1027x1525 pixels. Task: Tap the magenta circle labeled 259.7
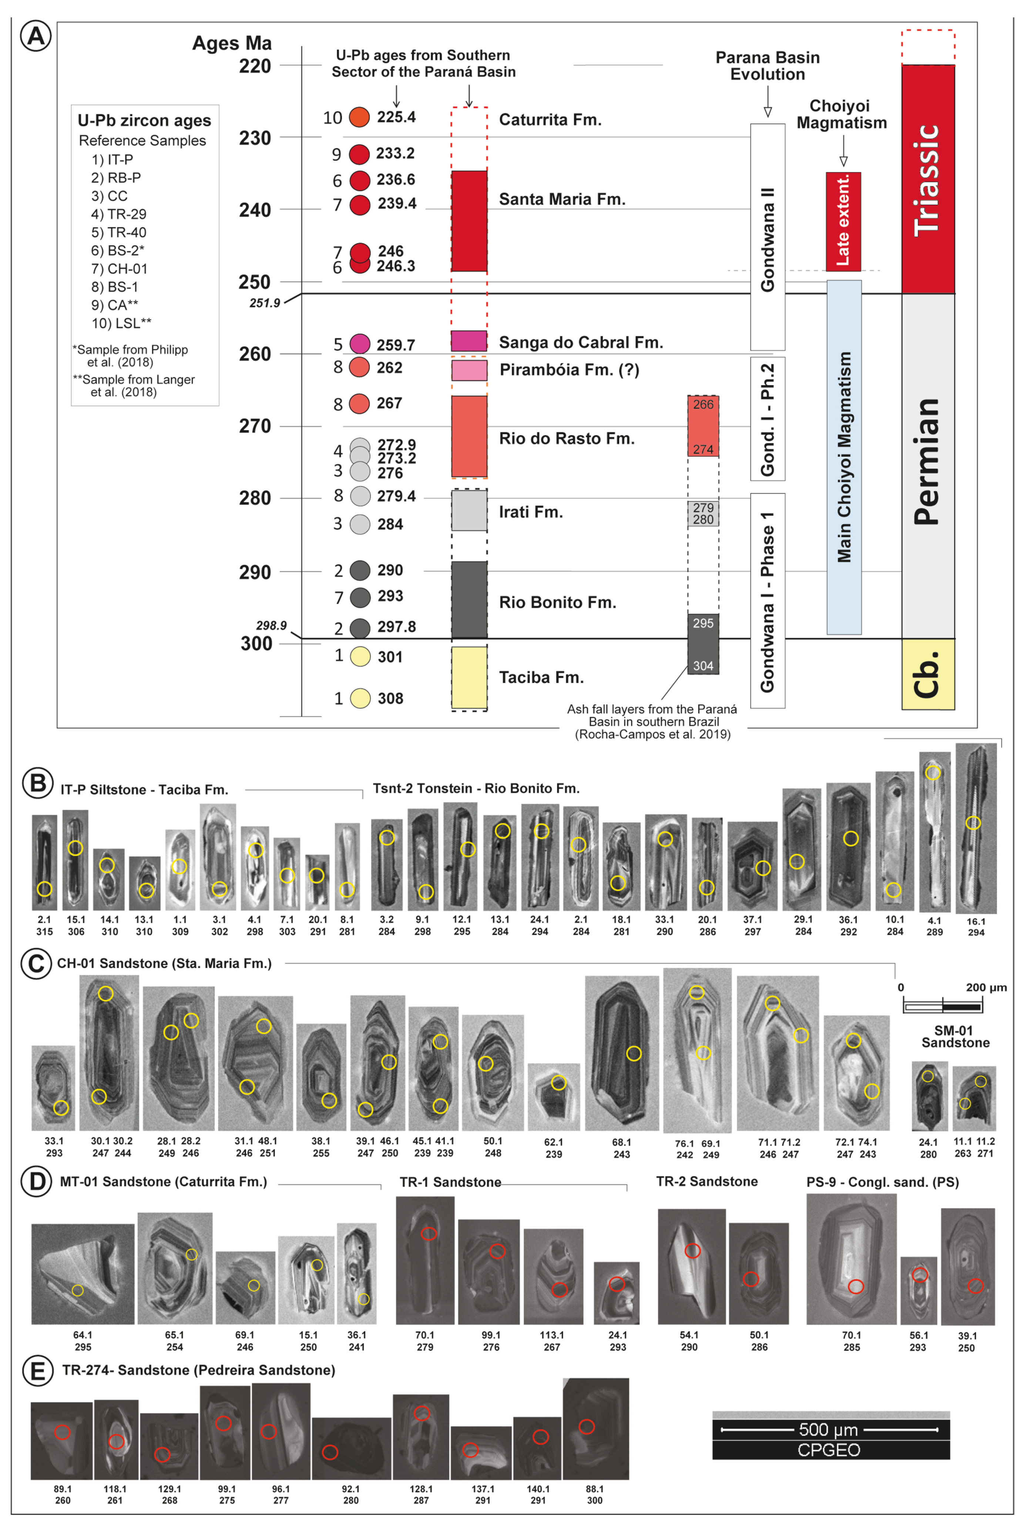360,343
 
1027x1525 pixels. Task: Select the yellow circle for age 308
360,698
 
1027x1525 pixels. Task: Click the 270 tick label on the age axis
255,426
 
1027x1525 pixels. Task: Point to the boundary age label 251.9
265,303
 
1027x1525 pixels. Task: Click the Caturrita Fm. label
550,120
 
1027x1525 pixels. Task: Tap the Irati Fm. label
531,512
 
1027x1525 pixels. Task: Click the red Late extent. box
843,221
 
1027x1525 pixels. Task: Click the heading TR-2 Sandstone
707,1181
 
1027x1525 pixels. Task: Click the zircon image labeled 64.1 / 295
83,1273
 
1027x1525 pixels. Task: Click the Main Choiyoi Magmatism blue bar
843,457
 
